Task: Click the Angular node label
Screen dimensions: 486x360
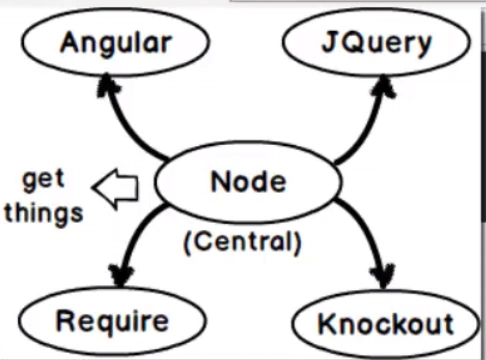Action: click(x=116, y=43)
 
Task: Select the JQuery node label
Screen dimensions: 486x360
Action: click(x=377, y=43)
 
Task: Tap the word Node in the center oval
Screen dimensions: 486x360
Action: click(x=249, y=181)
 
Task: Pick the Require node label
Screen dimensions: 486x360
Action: click(x=113, y=321)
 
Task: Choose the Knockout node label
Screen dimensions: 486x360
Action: click(x=386, y=323)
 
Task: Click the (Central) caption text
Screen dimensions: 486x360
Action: click(x=243, y=243)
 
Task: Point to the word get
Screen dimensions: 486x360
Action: click(x=43, y=179)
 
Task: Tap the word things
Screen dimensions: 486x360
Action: click(x=44, y=213)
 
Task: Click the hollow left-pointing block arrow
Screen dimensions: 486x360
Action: click(x=116, y=189)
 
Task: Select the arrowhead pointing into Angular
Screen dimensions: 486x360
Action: click(x=107, y=85)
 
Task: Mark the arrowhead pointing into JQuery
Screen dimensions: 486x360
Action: click(x=383, y=87)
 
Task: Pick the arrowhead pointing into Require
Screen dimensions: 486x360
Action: click(x=121, y=275)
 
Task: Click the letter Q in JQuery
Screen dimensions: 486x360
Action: click(x=350, y=43)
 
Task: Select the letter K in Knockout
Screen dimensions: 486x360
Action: click(x=327, y=323)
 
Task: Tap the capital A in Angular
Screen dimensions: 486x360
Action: click(x=71, y=42)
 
